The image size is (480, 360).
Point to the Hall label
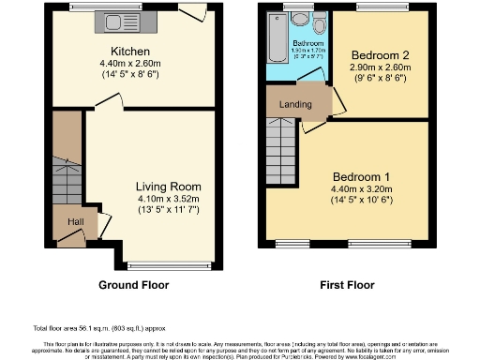pos(75,221)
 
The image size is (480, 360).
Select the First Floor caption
pos(346,285)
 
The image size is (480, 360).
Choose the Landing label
pos(296,104)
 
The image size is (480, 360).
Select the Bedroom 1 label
pos(359,177)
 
